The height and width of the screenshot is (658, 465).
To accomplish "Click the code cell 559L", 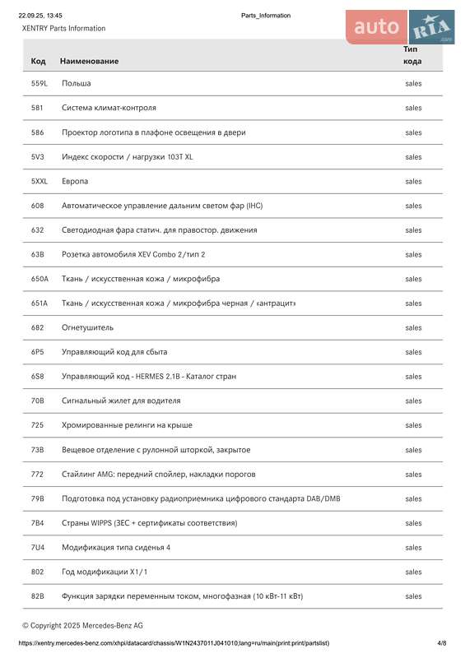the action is coord(39,83).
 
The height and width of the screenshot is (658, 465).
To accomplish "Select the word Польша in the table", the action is coord(77,83).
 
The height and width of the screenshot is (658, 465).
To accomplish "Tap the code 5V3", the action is coord(37,156).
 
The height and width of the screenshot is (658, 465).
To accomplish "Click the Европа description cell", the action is coord(75,181).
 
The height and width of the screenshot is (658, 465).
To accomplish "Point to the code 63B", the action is coord(38,254).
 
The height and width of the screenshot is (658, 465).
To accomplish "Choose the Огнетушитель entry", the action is coord(88,327).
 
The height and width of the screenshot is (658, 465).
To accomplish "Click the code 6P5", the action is coord(37,352).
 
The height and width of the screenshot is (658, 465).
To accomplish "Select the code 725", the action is coord(37,425).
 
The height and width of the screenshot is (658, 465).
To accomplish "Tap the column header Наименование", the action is coord(89,61).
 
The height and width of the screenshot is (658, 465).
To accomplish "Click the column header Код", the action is coord(38,61).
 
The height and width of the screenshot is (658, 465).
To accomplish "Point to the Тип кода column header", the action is coord(412,55).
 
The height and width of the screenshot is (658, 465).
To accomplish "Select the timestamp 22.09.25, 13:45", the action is coord(40,16).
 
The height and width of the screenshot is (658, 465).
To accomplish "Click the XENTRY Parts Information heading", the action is coord(64,28).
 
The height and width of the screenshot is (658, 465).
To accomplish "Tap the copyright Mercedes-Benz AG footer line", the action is coord(82,625).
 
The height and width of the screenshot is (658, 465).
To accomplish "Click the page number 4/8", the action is coord(442,642).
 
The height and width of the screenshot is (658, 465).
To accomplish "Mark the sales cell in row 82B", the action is coord(413,596).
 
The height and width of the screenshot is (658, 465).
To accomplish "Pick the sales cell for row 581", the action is coord(413,108).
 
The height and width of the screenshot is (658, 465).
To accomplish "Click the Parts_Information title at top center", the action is coord(266,16).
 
